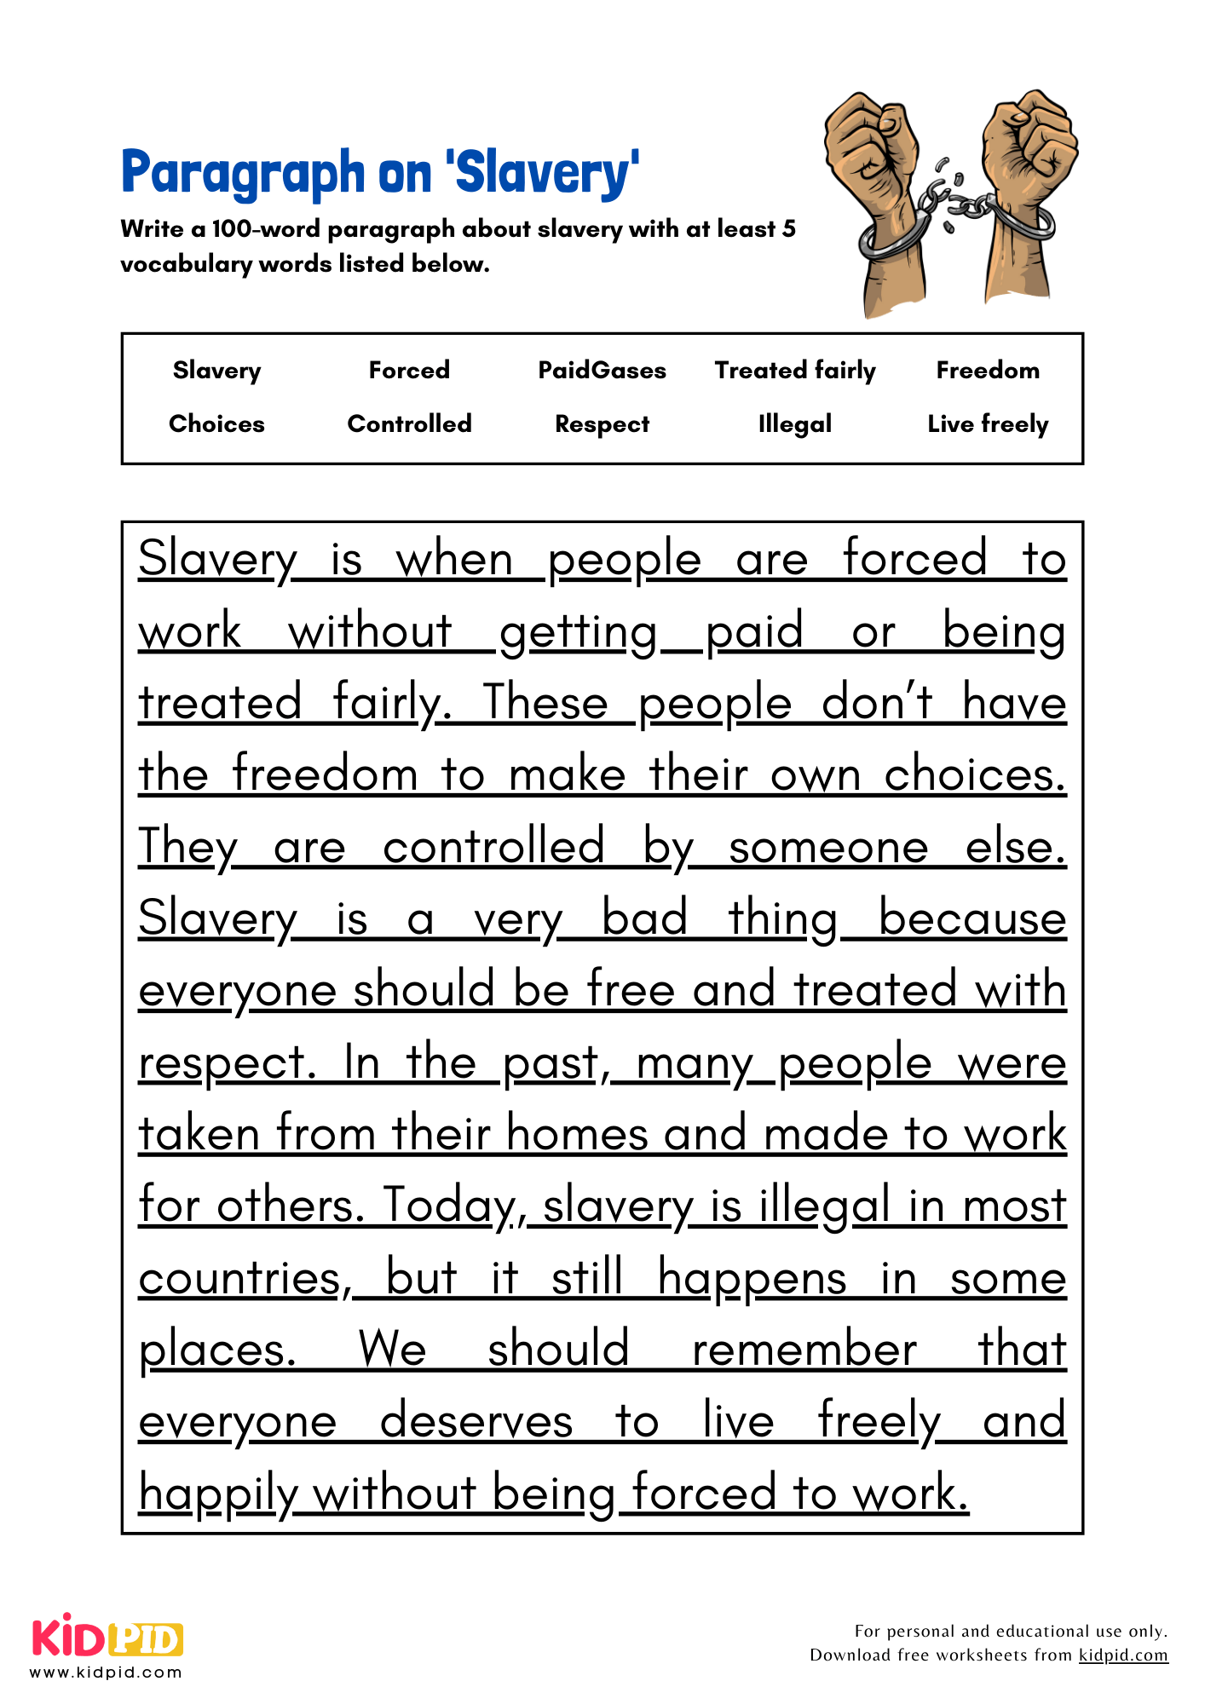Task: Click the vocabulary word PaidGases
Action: tap(602, 371)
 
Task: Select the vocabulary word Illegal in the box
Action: tap(794, 424)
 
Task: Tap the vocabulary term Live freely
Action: tap(988, 424)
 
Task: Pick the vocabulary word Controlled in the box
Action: tap(409, 424)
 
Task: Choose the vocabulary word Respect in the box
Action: tap(602, 424)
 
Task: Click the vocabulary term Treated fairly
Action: tap(794, 371)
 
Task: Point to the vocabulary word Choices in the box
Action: tap(216, 424)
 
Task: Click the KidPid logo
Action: tap(107, 1637)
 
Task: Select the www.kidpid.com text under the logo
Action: tap(106, 1672)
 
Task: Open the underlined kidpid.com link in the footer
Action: tap(1123, 1655)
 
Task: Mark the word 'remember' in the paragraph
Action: tap(804, 1350)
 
